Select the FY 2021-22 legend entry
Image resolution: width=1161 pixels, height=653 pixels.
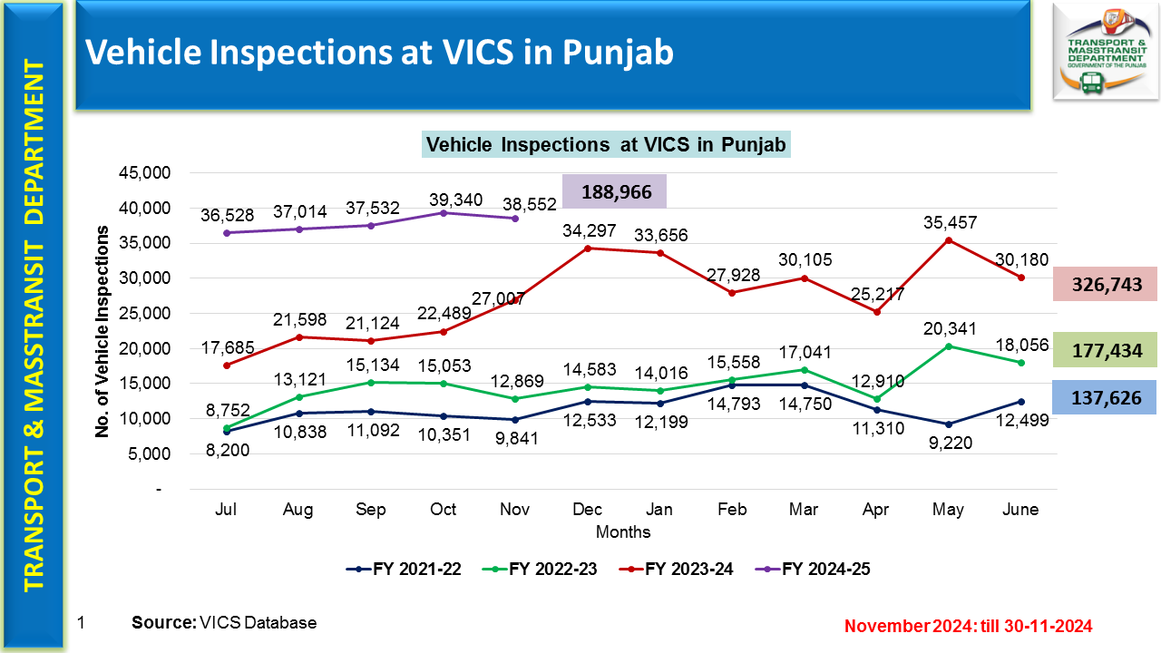click(x=404, y=570)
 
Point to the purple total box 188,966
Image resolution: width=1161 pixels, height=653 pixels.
click(x=614, y=192)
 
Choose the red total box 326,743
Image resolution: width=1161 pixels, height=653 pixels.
click(x=1104, y=284)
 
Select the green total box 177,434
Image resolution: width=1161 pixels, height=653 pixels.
click(x=1104, y=350)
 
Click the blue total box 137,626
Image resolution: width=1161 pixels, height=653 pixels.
click(x=1104, y=397)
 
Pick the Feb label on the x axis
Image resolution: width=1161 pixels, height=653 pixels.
click(x=732, y=510)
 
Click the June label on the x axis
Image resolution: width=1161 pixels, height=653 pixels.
click(x=1020, y=510)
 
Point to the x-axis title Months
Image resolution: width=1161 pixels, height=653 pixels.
click(x=623, y=531)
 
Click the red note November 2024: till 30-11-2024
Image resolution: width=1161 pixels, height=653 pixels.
click(x=968, y=626)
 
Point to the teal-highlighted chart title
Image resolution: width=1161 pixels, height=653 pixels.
click(x=606, y=144)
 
